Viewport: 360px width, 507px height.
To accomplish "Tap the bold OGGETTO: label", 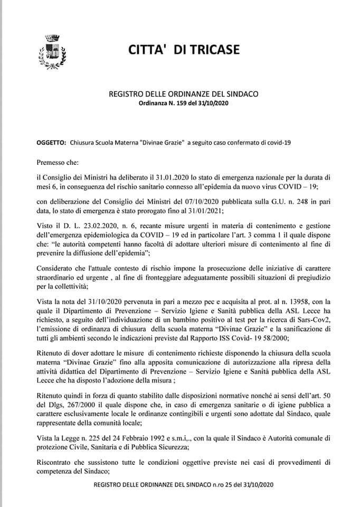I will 51,143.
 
